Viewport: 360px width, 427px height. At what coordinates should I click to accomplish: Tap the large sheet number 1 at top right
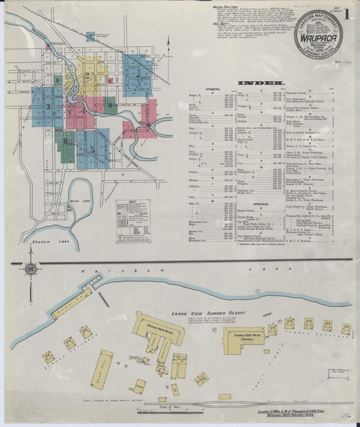pos(346,13)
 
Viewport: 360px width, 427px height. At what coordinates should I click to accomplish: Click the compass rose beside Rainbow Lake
pos(30,269)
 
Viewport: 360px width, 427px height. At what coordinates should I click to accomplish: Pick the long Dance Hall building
pos(102,369)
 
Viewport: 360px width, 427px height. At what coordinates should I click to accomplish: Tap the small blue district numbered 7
pos(91,36)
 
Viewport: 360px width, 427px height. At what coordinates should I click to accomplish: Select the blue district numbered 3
pos(47,106)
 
